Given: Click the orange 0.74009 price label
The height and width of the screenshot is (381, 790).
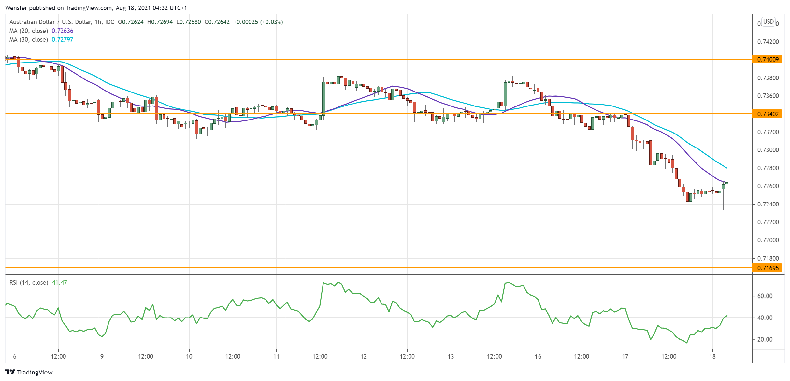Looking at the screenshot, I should pos(768,59).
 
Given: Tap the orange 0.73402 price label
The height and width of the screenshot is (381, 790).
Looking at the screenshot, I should pos(768,114).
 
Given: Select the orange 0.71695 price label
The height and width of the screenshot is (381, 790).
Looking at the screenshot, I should pos(768,268).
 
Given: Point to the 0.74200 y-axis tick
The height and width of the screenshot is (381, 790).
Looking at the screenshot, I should pos(768,42).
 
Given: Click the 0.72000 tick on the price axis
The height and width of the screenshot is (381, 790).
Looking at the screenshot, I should pos(768,240).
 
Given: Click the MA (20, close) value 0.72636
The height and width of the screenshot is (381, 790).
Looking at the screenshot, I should pos(63,31).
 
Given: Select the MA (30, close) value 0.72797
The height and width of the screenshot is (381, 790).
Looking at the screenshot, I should pos(63,40).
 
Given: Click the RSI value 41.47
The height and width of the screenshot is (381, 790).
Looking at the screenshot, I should pos(60,283).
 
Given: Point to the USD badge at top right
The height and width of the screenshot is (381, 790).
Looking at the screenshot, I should pos(768,22).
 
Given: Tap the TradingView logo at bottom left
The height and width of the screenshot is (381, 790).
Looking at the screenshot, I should pos(29,372).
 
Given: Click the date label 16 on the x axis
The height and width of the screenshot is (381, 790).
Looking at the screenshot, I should pos(538,356).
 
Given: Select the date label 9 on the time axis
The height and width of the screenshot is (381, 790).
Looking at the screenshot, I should pos(102,356).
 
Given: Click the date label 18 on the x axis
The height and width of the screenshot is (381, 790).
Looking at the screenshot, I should pos(712,356).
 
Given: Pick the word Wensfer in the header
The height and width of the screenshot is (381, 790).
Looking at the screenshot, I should pos(16,8).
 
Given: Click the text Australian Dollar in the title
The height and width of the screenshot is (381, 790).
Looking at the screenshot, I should pos(32,22).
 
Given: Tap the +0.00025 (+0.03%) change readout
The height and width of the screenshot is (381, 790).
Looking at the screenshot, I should pos(258,22).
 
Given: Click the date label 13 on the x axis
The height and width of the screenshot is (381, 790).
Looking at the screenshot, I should pos(451,356).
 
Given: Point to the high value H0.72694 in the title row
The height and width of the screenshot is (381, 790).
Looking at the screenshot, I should pos(160,22).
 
